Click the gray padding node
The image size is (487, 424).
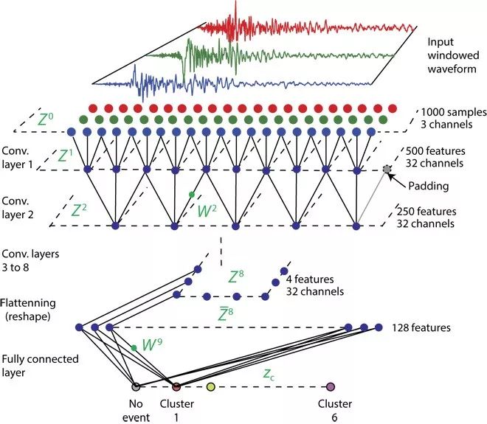pyautogui.click(x=387, y=169)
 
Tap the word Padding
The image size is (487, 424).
pyautogui.click(x=428, y=187)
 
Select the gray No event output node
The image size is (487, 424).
pyautogui.click(x=136, y=386)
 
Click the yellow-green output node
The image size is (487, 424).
pyautogui.click(x=210, y=386)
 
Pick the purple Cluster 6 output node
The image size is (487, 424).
pyautogui.click(x=330, y=386)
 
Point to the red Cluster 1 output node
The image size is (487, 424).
pyautogui.click(x=176, y=386)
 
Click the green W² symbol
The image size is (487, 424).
pyautogui.click(x=207, y=211)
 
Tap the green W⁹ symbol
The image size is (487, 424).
pyautogui.click(x=152, y=344)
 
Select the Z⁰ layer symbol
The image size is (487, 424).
pyautogui.click(x=45, y=119)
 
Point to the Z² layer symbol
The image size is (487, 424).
pyautogui.click(x=79, y=210)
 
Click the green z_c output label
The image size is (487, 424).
pyautogui.click(x=269, y=374)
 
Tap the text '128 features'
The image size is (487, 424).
pyautogui.click(x=421, y=328)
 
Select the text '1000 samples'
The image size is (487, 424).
pyautogui.click(x=454, y=112)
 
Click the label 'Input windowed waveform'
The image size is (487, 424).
pyautogui.click(x=453, y=55)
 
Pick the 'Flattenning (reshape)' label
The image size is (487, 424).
pyautogui.click(x=28, y=310)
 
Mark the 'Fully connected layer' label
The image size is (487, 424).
pyautogui.click(x=40, y=366)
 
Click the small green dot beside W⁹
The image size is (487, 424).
pyautogui.click(x=134, y=348)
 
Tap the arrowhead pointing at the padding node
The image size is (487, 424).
pyautogui.click(x=391, y=177)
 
